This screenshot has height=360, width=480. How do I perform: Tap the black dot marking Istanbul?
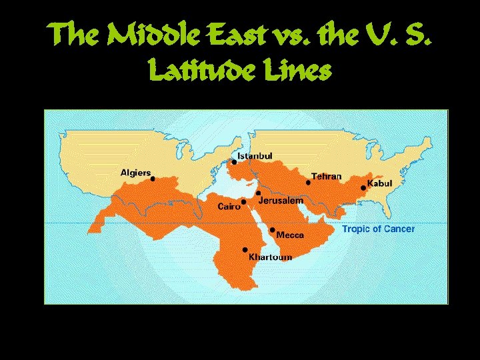point(234,162)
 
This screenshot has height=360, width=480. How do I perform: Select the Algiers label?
point(135,172)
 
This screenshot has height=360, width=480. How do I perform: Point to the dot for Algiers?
point(153,179)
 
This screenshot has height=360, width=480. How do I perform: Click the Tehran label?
point(326,177)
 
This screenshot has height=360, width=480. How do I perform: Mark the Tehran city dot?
point(308,182)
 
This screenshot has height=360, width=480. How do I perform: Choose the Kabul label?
point(380,183)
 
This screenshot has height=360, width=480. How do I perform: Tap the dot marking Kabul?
point(363,188)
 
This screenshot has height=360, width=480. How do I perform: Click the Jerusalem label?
point(281,200)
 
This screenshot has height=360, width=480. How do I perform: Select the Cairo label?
point(229,207)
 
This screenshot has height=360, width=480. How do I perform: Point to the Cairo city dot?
point(243,202)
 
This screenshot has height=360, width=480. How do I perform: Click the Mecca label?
point(290,235)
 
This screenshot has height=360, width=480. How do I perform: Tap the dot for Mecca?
point(272,229)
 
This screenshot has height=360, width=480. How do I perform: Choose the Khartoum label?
point(270,257)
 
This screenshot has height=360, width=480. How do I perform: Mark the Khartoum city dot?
point(245,250)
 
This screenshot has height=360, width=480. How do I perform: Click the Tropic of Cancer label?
point(378,229)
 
